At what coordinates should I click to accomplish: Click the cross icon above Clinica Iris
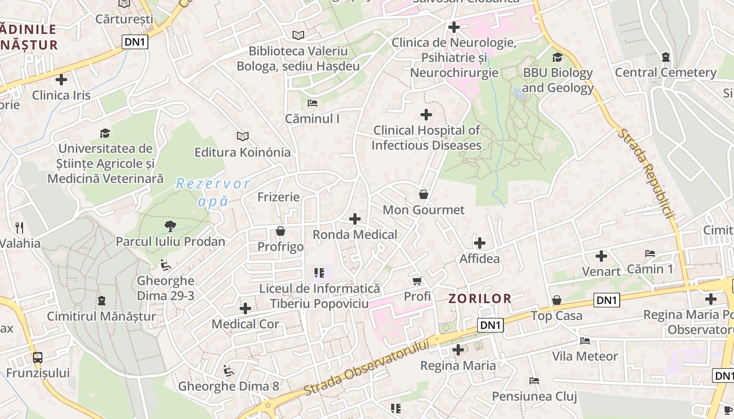[61, 80]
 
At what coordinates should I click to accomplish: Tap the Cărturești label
[124, 19]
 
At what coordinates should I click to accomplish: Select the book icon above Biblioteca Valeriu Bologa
[298, 35]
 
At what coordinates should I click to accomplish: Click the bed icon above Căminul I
[312, 103]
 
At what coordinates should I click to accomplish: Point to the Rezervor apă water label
[213, 192]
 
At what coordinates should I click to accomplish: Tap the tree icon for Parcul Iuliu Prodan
[170, 226]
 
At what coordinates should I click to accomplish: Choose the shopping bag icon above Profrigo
[280, 231]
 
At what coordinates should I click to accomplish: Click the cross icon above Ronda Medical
[355, 219]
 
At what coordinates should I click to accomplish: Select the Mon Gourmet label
[424, 210]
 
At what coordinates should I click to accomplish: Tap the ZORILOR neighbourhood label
[480, 299]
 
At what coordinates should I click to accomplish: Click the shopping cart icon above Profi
[417, 281]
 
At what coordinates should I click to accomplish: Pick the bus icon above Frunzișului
[38, 358]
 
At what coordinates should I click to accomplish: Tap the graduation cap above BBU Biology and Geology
[557, 57]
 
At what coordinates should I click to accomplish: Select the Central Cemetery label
[665, 72]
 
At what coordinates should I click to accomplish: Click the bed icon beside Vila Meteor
[585, 341]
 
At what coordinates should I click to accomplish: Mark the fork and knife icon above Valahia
[20, 227]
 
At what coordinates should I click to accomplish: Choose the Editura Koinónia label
[242, 152]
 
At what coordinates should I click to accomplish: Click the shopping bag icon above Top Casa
[557, 300]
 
